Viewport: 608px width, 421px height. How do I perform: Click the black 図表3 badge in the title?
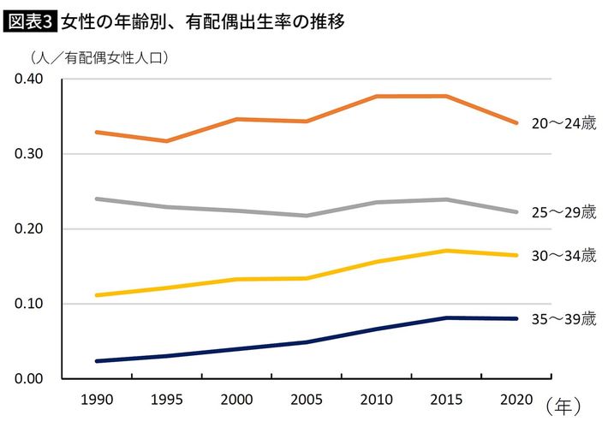click(x=30, y=21)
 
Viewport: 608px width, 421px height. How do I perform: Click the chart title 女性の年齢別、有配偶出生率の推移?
click(x=203, y=21)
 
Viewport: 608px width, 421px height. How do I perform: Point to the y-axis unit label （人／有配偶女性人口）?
click(x=98, y=59)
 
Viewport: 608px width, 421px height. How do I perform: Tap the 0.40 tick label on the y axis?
click(x=30, y=80)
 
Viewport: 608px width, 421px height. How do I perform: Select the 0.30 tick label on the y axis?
click(x=30, y=154)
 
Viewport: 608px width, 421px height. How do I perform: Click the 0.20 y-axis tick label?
click(x=30, y=229)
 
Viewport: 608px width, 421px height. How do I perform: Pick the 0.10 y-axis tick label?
click(x=30, y=304)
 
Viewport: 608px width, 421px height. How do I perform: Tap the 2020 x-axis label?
click(x=515, y=400)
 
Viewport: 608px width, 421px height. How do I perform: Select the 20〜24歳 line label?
click(x=563, y=123)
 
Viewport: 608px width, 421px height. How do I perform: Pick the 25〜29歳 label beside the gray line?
click(x=563, y=211)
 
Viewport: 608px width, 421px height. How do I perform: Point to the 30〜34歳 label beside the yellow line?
click(x=563, y=255)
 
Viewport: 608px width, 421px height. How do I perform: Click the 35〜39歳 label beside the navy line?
click(x=563, y=318)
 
